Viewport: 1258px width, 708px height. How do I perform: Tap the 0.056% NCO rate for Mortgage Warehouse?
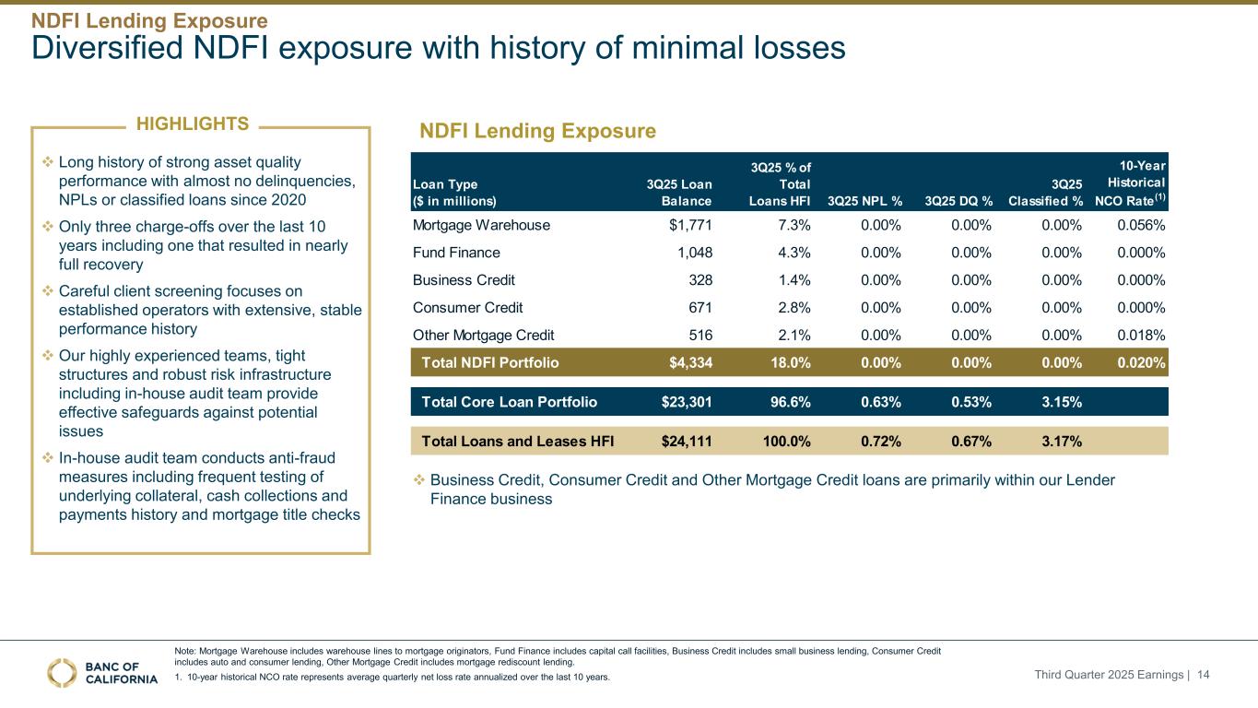1140,225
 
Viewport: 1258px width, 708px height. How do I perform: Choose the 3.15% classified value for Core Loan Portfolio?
1062,402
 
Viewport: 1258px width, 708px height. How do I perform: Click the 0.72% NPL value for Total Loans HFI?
881,441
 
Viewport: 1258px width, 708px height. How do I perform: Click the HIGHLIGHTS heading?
192,124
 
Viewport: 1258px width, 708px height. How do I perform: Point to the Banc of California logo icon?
63,673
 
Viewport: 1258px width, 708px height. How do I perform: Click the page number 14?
1203,676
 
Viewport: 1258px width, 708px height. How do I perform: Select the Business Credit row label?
463,280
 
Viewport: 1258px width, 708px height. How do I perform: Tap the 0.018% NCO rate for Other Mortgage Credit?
1140,335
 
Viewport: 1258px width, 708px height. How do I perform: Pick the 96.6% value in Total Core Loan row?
787,402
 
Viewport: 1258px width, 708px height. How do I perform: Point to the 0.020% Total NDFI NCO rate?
1140,362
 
